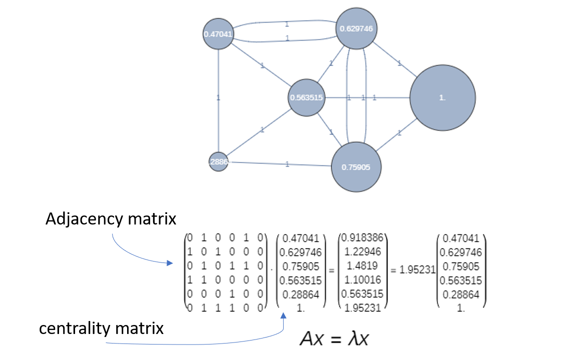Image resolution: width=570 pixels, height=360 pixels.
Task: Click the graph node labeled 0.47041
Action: [x=218, y=34]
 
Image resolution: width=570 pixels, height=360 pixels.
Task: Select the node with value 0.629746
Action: [x=356, y=28]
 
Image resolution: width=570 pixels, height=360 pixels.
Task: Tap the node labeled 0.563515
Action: [x=306, y=98]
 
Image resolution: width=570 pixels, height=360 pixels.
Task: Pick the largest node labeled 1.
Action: [x=442, y=98]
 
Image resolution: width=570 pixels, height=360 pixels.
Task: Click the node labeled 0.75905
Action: [x=356, y=167]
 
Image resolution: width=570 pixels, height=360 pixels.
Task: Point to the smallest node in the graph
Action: [x=218, y=161]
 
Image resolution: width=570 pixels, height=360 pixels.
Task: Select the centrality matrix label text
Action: [x=101, y=328]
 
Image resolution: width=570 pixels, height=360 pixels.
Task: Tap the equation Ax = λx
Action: [x=334, y=339]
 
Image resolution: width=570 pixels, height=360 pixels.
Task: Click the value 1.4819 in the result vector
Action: [x=358, y=265]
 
